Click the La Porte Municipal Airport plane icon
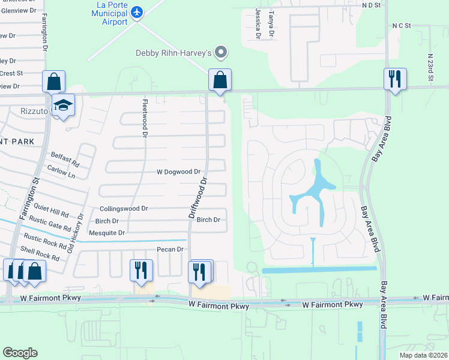(x=137, y=11)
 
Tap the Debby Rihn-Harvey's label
(x=173, y=53)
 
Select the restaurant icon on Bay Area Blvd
(x=395, y=79)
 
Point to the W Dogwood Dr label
(x=178, y=172)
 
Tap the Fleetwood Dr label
(x=145, y=118)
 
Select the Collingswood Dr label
(x=123, y=208)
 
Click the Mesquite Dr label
(x=106, y=233)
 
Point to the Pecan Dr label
(x=169, y=249)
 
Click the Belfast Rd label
(x=65, y=158)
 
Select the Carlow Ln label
(x=62, y=173)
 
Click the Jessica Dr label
(x=258, y=24)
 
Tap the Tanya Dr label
(x=271, y=24)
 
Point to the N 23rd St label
(x=430, y=67)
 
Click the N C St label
(x=401, y=26)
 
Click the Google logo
(x=20, y=353)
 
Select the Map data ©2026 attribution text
(x=423, y=355)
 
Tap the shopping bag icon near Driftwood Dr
(x=220, y=80)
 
